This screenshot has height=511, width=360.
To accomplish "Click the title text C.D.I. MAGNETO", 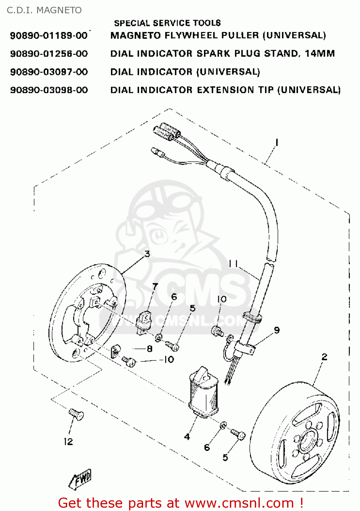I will [44, 10].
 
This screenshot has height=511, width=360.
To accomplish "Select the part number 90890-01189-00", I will [49, 35].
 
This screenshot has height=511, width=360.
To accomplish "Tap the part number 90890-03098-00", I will [49, 90].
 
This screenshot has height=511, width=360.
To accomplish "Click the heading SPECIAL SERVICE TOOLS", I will [167, 23].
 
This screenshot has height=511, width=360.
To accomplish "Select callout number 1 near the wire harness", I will [277, 142].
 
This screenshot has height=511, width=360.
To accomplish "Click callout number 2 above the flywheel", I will [324, 357].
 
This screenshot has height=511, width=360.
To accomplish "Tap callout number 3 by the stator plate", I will [147, 254].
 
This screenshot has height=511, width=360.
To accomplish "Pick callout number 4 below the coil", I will [187, 436].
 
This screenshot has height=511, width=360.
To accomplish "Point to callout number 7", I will [155, 286].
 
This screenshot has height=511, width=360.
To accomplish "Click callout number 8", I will [150, 349].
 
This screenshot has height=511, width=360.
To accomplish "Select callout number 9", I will [277, 330].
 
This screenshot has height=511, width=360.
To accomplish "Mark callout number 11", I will [233, 263].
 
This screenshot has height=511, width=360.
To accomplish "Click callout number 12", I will [68, 442].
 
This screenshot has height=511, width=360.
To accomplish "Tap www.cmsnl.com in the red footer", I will [239, 503].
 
